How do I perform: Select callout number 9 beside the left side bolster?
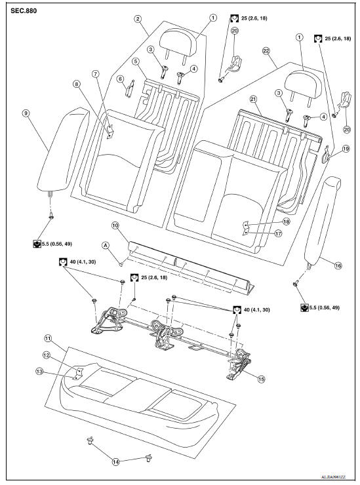click(x=26, y=113)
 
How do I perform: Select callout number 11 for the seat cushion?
click(x=48, y=339)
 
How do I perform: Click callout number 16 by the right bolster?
click(x=338, y=265)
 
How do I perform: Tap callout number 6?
click(x=121, y=79)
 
